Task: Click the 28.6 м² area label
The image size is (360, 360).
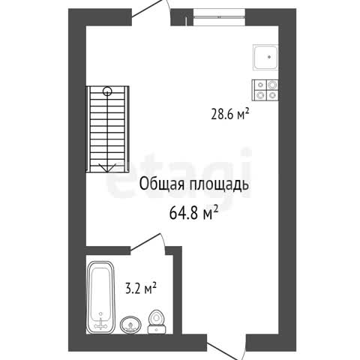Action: point(230,115)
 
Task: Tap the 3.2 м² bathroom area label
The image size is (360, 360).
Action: point(141,288)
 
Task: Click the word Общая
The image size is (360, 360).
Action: point(162,185)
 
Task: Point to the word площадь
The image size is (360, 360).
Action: point(219,185)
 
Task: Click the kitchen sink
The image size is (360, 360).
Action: point(265,57)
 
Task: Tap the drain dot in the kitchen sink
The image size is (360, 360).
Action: point(269,57)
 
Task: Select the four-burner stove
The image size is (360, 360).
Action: point(265,90)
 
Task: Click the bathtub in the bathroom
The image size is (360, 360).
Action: point(100,298)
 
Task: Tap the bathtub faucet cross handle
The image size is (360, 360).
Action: point(100,325)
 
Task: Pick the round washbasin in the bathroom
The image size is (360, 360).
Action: point(130,325)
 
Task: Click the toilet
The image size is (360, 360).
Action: point(156,322)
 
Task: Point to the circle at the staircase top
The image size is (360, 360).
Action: point(107,91)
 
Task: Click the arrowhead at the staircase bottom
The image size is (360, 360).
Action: point(107,167)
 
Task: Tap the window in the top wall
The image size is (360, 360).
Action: point(219,17)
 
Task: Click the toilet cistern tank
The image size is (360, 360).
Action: point(156,329)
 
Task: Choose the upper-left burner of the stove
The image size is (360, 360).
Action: point(261,85)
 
